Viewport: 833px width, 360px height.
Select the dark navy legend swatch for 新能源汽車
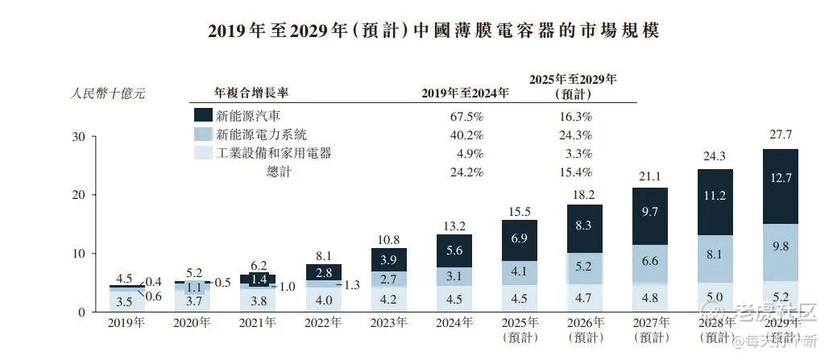(x=203, y=115)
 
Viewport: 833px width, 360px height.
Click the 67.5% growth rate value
(x=466, y=115)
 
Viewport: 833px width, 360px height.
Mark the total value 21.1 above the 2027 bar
(x=649, y=176)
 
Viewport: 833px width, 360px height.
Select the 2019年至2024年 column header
(x=466, y=93)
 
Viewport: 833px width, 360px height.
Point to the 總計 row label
(x=278, y=172)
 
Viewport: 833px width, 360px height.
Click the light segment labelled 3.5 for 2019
(x=126, y=301)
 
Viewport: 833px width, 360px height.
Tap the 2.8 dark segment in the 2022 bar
(x=324, y=272)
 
